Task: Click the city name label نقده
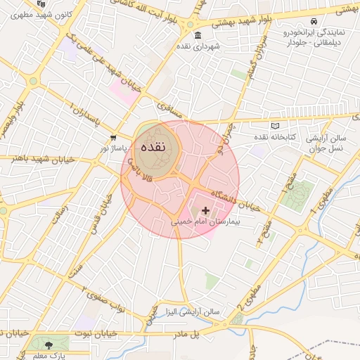tap(153, 148)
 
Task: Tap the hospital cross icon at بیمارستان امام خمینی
tap(205, 210)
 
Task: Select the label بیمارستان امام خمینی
tap(205, 221)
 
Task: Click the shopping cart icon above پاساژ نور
tap(113, 138)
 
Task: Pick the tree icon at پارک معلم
tap(49, 345)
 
